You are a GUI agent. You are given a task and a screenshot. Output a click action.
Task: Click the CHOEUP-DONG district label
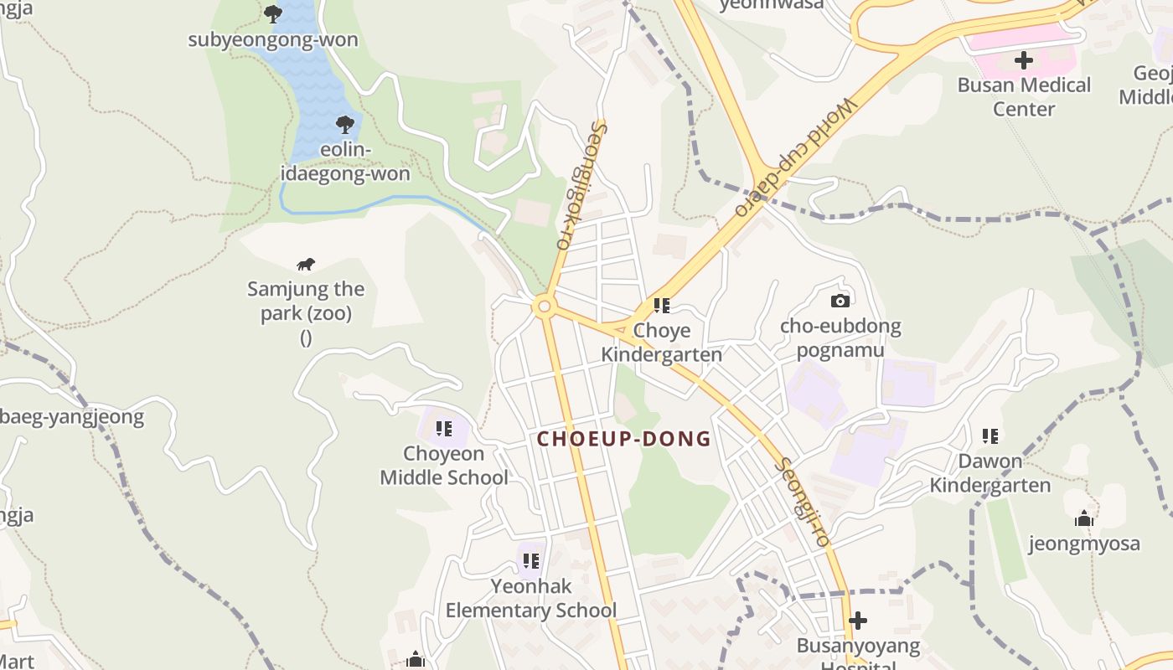(x=624, y=439)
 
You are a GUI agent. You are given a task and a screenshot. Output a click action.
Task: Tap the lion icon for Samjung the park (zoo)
(x=306, y=265)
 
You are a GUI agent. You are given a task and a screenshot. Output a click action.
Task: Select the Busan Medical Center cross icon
(x=1024, y=60)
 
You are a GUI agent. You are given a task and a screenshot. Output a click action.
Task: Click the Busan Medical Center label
(x=1024, y=97)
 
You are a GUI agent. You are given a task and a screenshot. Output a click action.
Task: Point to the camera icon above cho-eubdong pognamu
(x=840, y=301)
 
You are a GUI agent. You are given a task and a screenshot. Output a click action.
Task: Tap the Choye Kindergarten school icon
(x=662, y=307)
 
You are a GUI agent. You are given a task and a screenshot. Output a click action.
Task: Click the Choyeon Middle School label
(x=444, y=466)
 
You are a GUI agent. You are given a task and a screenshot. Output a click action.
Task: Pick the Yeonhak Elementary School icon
(x=531, y=561)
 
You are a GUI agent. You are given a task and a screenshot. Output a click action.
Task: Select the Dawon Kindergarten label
(x=990, y=473)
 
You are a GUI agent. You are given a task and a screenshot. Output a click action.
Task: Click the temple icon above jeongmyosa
(x=1084, y=519)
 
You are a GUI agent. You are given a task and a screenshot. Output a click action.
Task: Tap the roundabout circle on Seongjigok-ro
(x=545, y=307)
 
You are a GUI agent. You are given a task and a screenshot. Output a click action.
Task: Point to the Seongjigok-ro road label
(x=580, y=187)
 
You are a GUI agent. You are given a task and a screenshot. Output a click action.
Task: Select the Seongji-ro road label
(x=803, y=502)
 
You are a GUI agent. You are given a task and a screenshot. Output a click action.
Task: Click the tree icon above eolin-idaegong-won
(x=344, y=126)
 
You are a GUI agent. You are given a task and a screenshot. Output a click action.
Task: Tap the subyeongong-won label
(x=273, y=40)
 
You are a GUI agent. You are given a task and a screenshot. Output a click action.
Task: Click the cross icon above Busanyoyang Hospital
(x=857, y=621)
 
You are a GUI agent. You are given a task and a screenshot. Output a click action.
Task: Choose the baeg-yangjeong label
(x=72, y=416)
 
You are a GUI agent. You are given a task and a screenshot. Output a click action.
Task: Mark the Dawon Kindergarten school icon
(x=990, y=436)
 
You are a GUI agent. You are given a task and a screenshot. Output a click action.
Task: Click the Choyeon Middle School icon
(x=444, y=430)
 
